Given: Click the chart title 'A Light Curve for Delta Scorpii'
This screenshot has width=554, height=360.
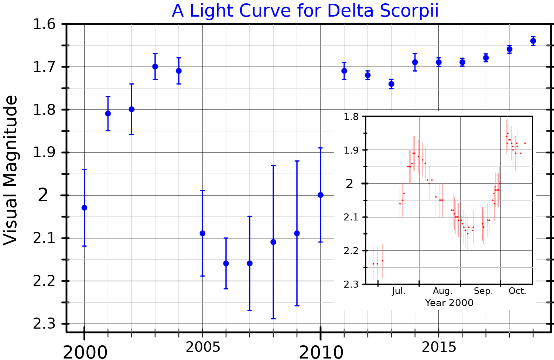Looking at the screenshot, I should coord(305,11).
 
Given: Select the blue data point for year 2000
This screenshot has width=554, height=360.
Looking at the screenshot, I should coord(84,208).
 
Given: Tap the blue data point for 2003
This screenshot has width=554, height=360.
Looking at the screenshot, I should coord(155,66).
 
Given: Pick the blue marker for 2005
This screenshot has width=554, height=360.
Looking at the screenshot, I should coord(202,233).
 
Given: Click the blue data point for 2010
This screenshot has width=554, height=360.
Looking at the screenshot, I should coord(321,195).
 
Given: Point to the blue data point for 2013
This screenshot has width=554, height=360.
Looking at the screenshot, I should coord(391,84).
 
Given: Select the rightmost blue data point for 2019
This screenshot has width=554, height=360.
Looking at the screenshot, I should coord(533,41).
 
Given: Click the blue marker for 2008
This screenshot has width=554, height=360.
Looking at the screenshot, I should coord(273,242).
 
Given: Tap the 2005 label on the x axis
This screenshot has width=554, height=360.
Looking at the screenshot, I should coord(203,347).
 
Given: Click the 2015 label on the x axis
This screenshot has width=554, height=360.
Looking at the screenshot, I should coord(439,347).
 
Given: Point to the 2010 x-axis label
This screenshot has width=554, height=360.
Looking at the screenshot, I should coord(321,353).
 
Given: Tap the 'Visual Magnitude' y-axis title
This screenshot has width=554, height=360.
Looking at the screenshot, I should coord(11,170).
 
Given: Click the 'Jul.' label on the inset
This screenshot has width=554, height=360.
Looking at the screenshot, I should coord(399,291).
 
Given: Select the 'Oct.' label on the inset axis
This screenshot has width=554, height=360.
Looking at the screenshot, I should coord(517,291).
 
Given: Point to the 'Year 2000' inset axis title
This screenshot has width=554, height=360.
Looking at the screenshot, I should coord(449,303).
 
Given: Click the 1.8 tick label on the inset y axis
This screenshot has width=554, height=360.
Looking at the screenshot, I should coord(351,117).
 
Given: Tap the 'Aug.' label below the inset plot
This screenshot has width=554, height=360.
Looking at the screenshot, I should coord(442,291).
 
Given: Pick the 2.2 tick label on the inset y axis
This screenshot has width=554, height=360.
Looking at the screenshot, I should coord(351,251).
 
